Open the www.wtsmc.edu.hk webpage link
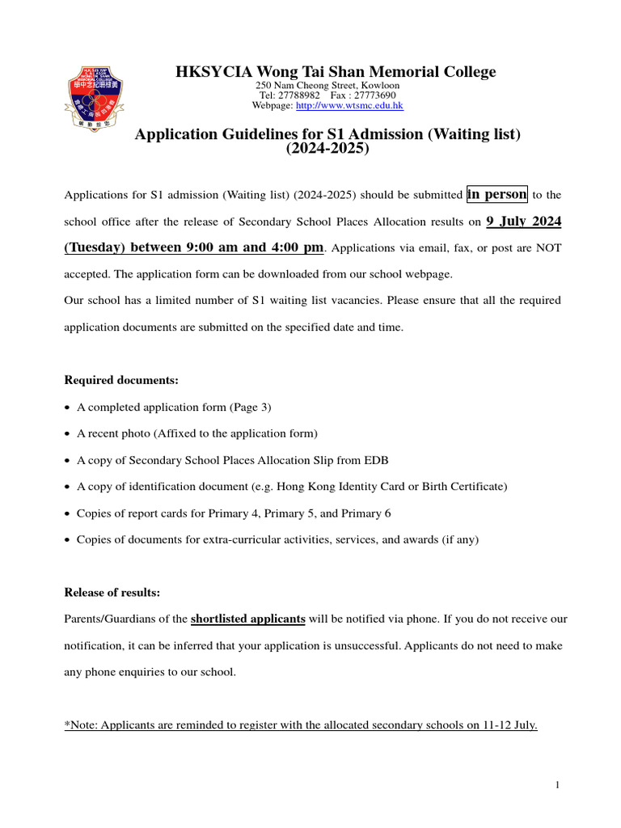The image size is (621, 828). (x=349, y=106)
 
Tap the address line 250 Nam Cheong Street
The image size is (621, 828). (x=327, y=85)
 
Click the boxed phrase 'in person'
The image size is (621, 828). (x=497, y=194)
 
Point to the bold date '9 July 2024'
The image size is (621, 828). (x=523, y=221)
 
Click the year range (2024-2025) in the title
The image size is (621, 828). (x=327, y=150)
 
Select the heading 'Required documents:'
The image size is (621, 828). (x=121, y=379)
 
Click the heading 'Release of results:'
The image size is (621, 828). (x=112, y=593)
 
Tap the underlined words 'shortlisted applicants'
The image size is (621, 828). (x=247, y=619)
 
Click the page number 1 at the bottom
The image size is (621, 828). (x=558, y=785)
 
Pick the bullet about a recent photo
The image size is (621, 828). (x=196, y=433)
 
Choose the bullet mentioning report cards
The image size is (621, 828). (x=234, y=513)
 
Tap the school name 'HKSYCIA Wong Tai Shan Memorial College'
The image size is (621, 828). (x=336, y=72)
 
